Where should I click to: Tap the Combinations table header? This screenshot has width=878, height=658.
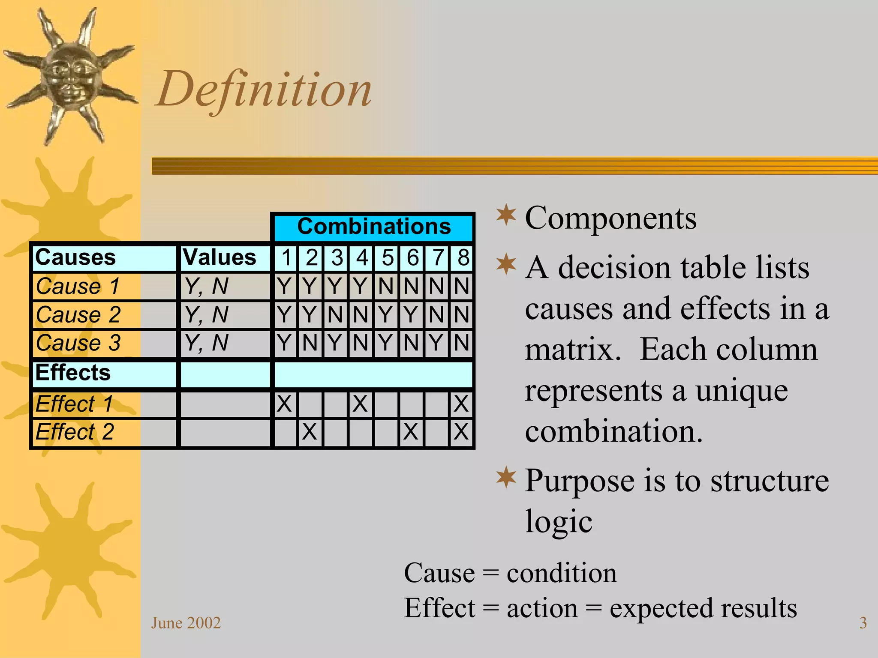(x=374, y=227)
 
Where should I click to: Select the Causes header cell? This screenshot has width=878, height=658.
(x=75, y=257)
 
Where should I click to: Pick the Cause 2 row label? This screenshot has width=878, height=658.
(x=78, y=315)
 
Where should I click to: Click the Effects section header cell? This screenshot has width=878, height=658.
(x=73, y=373)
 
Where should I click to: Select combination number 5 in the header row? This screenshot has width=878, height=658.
(x=387, y=258)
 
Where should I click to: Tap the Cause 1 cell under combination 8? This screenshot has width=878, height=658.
(x=461, y=286)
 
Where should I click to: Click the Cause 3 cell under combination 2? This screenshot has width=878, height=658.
(x=310, y=343)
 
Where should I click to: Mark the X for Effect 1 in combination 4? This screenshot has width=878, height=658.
(x=360, y=404)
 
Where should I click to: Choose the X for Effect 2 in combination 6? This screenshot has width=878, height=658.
(x=411, y=432)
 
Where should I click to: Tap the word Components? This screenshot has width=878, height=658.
(x=610, y=218)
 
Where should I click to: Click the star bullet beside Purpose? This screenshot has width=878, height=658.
(x=506, y=478)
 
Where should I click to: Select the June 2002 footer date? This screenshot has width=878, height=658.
(x=186, y=623)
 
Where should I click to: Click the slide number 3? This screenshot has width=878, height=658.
(x=863, y=623)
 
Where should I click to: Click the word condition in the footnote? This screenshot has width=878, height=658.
(x=562, y=573)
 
